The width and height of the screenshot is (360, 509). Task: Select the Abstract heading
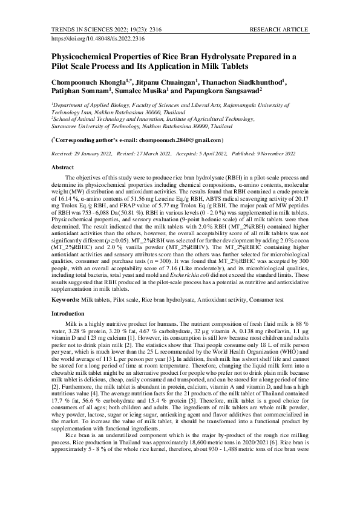63,166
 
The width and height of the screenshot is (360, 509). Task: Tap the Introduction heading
68,314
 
